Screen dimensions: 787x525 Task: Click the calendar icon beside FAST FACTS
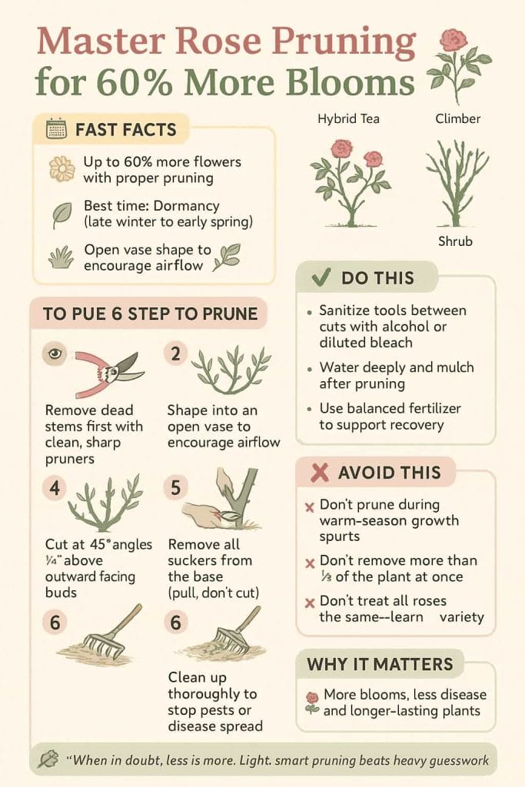point(56,129)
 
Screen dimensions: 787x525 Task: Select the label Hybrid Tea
point(348,119)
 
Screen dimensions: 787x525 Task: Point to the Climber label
point(457,119)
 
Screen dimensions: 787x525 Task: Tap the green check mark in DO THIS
point(322,278)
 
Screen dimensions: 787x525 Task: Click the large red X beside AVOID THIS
point(319,473)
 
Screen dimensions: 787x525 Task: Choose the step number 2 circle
point(175,354)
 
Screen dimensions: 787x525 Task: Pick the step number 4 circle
point(55,490)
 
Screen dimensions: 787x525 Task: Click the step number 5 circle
point(175,490)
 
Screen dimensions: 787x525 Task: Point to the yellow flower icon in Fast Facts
point(61,168)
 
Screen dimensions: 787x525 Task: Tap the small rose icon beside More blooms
point(312,702)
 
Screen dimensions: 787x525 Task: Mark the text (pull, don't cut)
point(214,592)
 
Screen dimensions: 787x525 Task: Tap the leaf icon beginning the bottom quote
point(48,759)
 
